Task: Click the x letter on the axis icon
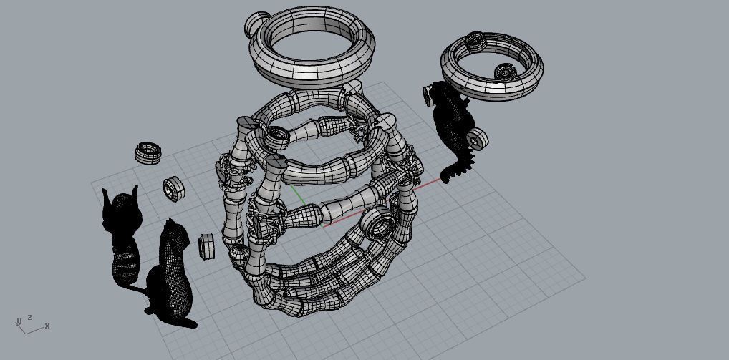click(47, 326)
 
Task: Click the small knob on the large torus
click(255, 26)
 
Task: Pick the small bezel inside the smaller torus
click(505, 71)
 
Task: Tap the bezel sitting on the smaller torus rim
click(476, 42)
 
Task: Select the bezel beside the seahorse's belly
click(478, 137)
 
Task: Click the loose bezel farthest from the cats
click(148, 152)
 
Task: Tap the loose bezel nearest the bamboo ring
click(207, 245)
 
